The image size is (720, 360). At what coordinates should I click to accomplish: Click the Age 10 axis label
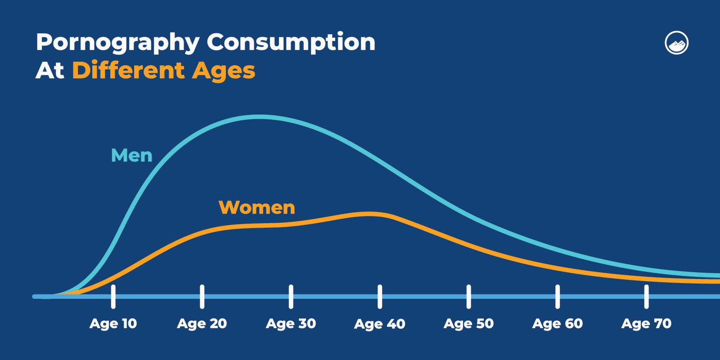coord(113,324)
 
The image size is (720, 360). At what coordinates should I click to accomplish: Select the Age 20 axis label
coord(202,324)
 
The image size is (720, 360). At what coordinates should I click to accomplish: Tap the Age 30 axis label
coord(291,324)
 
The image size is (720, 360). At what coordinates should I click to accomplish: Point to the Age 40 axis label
coord(379,324)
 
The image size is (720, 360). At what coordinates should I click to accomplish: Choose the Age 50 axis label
coord(468,324)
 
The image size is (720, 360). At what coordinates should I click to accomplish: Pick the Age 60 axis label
coord(557,324)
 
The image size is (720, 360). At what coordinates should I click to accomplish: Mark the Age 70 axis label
coord(646,324)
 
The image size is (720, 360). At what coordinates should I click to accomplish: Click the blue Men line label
coord(131,156)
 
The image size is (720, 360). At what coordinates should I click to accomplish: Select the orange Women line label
coord(256,207)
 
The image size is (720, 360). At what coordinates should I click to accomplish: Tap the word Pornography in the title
coord(117,43)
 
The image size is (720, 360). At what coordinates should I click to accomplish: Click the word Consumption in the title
coord(291,42)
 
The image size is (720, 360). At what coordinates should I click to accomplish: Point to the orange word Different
coord(128,71)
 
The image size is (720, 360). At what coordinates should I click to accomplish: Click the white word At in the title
coord(50,71)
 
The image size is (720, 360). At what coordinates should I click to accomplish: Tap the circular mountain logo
coord(676,43)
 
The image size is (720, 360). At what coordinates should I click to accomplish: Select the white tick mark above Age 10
coord(113,297)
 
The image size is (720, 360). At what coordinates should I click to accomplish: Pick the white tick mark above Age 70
coord(646,297)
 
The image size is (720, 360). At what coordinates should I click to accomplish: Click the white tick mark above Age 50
coord(468,297)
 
